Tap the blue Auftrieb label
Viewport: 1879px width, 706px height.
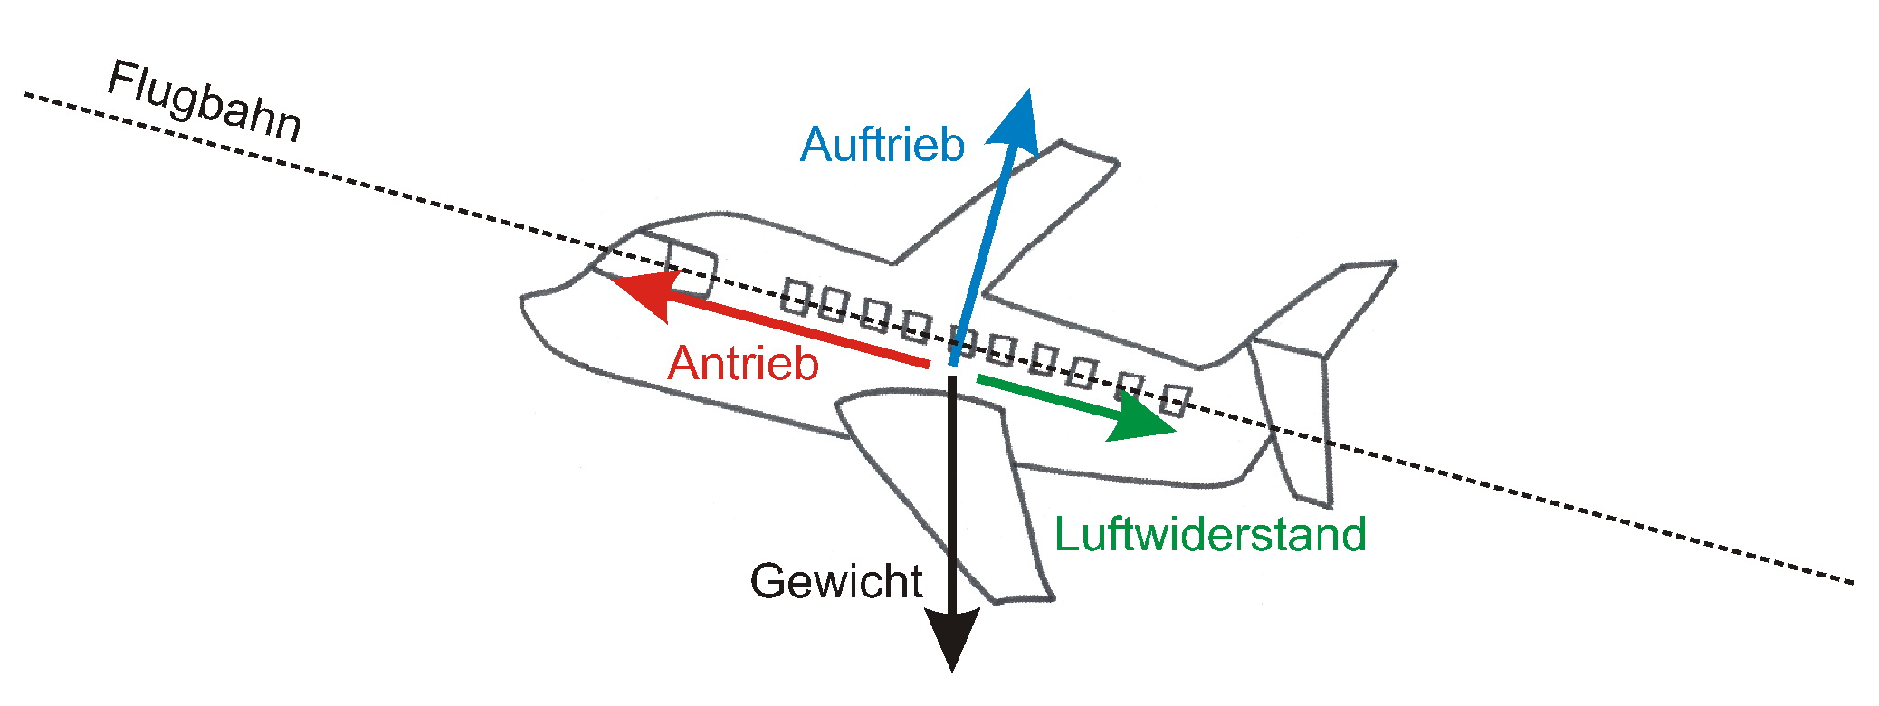point(882,145)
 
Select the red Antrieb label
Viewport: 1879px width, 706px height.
point(743,364)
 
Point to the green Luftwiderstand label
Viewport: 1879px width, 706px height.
point(1210,534)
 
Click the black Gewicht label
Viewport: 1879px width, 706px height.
point(836,581)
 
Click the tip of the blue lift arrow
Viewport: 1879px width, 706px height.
point(1027,91)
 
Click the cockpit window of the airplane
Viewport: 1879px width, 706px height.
point(692,266)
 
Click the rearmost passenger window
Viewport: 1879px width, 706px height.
point(1176,398)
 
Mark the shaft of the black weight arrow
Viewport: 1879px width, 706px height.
point(952,498)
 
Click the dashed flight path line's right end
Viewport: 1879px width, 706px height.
point(1850,582)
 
